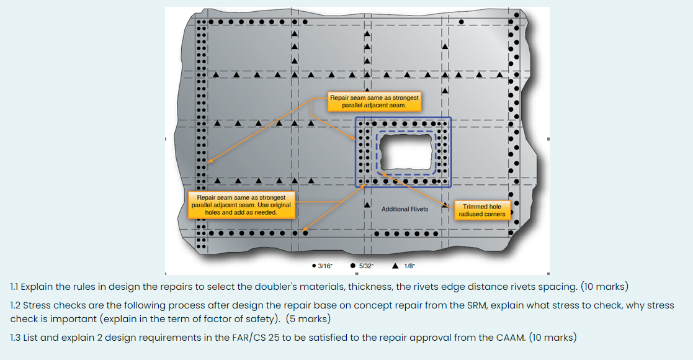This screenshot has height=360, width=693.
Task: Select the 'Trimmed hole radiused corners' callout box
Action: tap(482, 210)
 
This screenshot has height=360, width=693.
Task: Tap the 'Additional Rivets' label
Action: tap(405, 209)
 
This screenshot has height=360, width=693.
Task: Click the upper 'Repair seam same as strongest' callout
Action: tap(374, 102)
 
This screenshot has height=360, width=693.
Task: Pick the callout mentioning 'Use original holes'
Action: tap(241, 205)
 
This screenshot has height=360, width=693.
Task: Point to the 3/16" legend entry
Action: tap(322, 266)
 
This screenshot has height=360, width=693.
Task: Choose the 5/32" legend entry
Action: tap(362, 266)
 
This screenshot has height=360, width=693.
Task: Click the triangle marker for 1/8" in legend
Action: tap(395, 266)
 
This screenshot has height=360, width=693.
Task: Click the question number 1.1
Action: tap(16, 287)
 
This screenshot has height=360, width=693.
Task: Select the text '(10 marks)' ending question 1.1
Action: tap(604, 287)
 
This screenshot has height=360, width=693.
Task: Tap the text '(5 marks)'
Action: tap(308, 319)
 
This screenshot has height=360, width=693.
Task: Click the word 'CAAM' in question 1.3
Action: tap(511, 338)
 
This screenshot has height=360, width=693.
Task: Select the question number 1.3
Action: tap(16, 338)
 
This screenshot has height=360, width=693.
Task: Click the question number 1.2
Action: tap(16, 305)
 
